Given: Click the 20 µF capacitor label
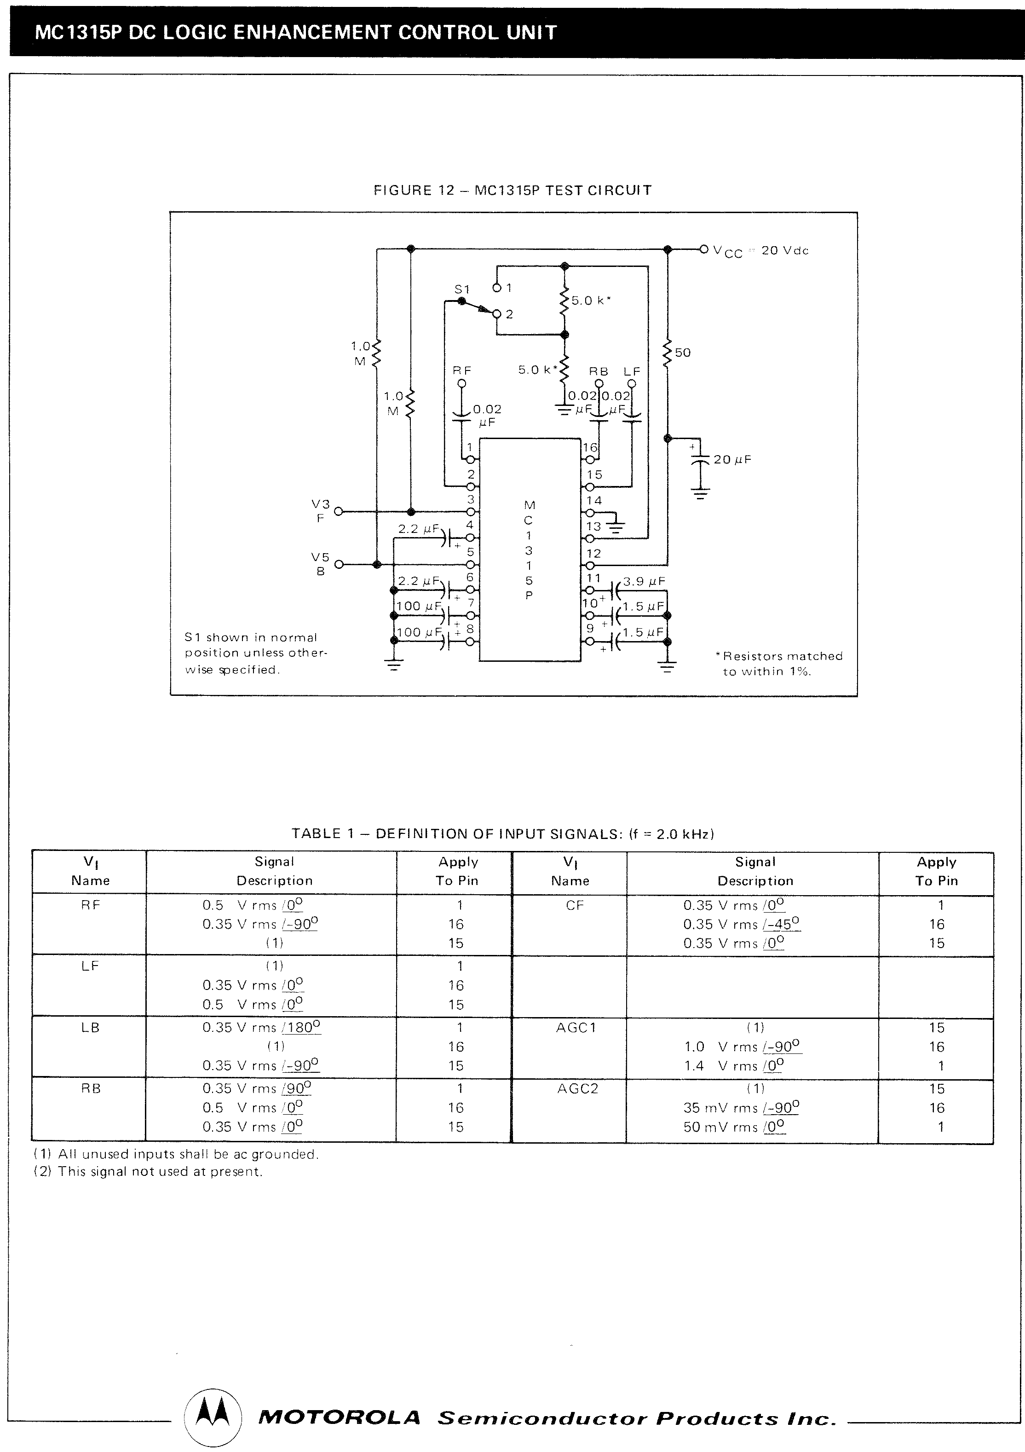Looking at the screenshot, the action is [x=732, y=460].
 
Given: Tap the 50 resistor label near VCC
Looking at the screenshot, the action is [x=683, y=352].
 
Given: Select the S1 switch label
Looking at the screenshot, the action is [x=462, y=289].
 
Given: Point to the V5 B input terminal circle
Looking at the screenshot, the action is [x=338, y=564].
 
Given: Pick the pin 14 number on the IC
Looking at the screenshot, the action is [x=594, y=500].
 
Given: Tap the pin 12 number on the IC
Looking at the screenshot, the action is [x=594, y=553].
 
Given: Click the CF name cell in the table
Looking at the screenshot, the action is [x=575, y=905].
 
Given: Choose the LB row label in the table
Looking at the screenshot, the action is [x=91, y=1028].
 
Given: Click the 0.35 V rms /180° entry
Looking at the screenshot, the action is [x=262, y=1028].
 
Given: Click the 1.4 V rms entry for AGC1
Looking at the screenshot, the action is [x=734, y=1065].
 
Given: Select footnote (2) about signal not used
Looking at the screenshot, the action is [x=147, y=1172].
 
